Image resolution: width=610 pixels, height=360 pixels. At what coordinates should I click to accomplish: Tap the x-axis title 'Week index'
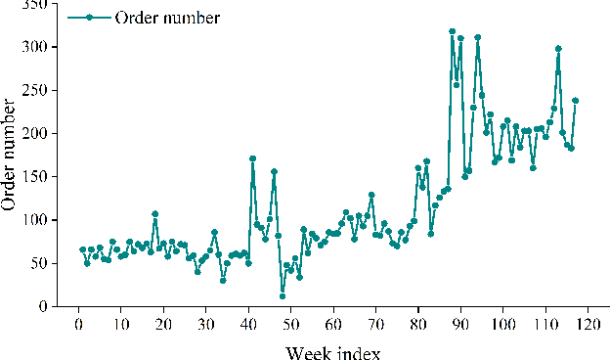point(333,349)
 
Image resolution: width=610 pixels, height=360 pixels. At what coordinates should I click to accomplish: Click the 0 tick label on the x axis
point(79,324)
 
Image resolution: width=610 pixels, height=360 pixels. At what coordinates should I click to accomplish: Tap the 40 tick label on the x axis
point(248,324)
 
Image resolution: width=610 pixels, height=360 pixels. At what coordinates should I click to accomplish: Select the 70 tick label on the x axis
point(375,324)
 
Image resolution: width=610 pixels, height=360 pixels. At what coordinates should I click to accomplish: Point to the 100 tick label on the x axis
point(502,324)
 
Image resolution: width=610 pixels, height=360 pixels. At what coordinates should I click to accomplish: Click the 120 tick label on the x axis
point(588,324)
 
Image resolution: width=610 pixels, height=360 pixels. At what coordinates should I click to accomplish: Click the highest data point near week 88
point(452,31)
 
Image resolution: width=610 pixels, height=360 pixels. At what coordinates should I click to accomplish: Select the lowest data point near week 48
point(283,295)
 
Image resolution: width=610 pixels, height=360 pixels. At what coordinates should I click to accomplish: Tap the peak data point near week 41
point(252,158)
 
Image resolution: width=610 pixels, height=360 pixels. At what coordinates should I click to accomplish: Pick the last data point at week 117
point(575,101)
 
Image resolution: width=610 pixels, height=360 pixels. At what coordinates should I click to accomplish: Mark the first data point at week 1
point(83,249)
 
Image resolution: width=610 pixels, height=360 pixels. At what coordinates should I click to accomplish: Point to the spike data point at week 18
point(155,213)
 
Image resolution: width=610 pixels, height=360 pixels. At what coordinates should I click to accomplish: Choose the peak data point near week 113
point(558,49)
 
